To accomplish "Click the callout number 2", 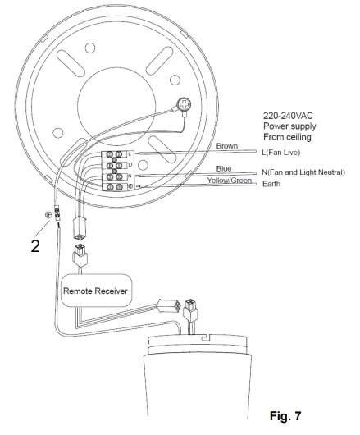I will coord(34,245).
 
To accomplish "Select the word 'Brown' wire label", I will coord(226,146).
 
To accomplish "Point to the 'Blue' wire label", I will coord(222,168).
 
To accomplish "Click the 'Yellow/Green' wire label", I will coord(229,180).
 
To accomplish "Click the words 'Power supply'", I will coord(289,126).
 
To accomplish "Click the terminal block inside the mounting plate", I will coord(120,170).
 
